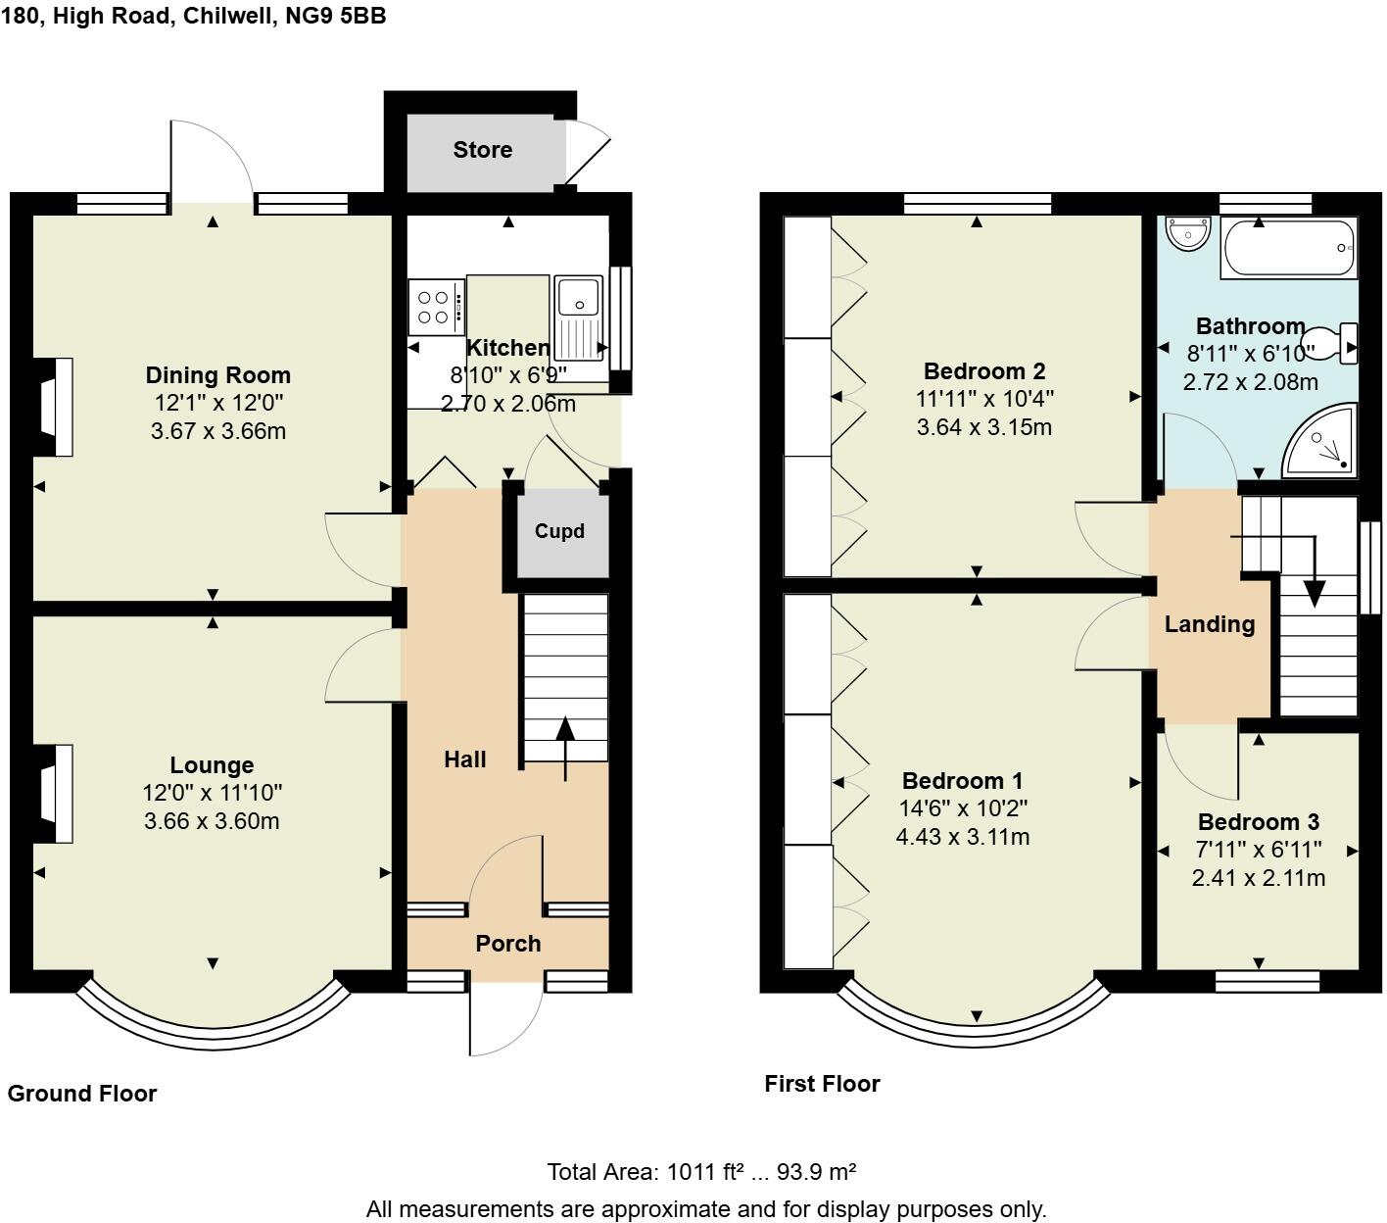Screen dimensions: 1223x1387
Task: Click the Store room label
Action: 482,150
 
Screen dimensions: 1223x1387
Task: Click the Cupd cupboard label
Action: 559,531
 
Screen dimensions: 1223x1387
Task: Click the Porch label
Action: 507,944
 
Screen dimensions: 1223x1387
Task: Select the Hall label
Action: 465,759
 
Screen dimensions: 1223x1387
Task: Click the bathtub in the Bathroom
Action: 1288,248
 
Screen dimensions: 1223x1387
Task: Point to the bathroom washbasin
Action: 1188,233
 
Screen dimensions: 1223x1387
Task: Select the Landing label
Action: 1210,624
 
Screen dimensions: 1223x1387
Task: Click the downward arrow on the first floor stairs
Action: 1314,588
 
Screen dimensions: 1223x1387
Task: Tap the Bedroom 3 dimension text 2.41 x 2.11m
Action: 1258,878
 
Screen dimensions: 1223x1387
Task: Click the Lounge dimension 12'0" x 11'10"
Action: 212,793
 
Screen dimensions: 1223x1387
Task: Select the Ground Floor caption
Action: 82,1094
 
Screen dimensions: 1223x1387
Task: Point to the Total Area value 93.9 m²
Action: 816,1172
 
